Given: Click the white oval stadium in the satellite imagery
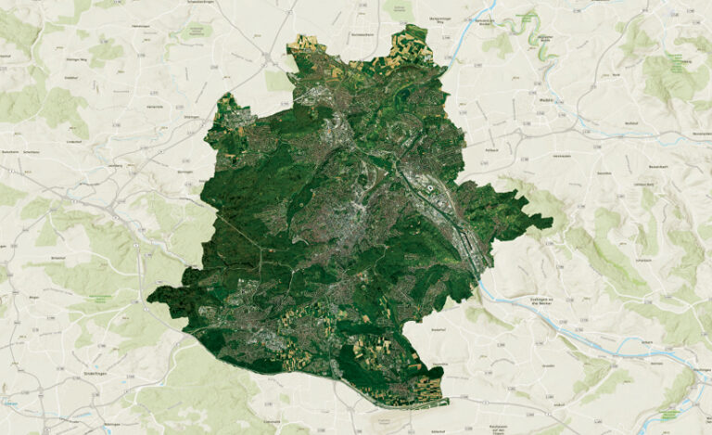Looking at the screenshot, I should (431, 189).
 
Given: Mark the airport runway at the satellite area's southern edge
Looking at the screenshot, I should (389, 395).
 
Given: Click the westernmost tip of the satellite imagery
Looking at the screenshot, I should (148, 299).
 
